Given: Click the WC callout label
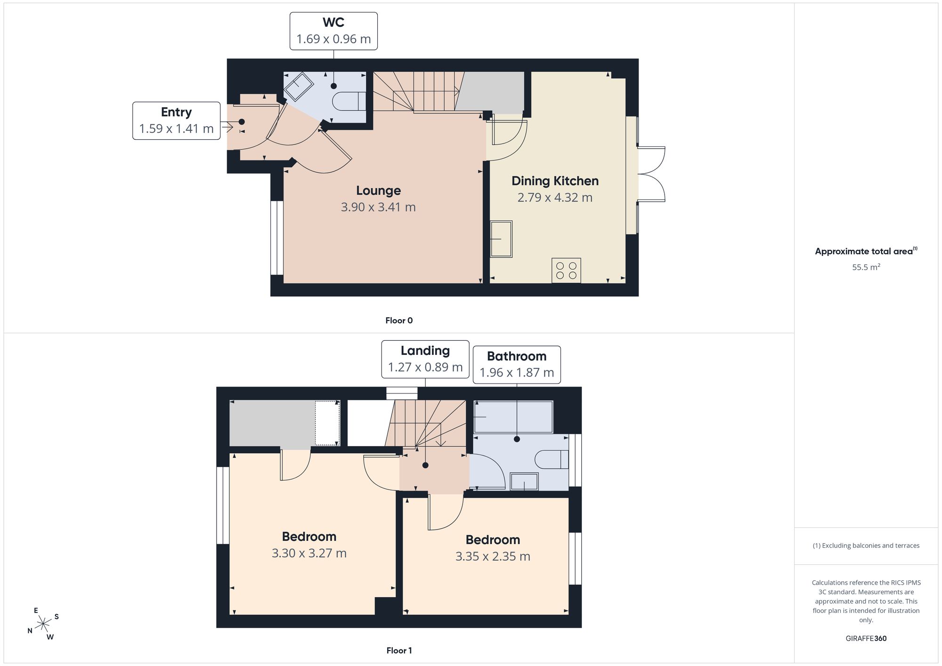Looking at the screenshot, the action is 333,31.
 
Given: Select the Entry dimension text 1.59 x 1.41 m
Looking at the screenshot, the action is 177,128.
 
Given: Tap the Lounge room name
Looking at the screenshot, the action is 378,191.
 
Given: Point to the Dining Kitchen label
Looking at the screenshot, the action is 555,181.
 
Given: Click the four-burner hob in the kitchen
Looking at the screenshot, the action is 566,271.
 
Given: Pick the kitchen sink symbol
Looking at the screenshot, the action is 501,239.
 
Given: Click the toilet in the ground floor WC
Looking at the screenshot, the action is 349,101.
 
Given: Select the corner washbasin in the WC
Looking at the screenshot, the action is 299,86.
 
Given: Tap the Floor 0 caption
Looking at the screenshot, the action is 399,321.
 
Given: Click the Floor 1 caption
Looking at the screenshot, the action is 399,650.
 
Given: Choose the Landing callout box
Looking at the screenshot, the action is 425,359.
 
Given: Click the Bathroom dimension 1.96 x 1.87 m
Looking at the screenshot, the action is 517,373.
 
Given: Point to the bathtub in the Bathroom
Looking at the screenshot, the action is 513,417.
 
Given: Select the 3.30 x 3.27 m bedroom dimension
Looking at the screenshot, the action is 309,553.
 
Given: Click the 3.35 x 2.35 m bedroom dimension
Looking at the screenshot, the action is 493,556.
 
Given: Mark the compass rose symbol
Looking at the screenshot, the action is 43,624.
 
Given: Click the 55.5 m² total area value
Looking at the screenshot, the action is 866,267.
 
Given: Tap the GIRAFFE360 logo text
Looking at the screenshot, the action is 866,639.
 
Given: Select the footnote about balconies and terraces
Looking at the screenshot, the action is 866,546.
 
